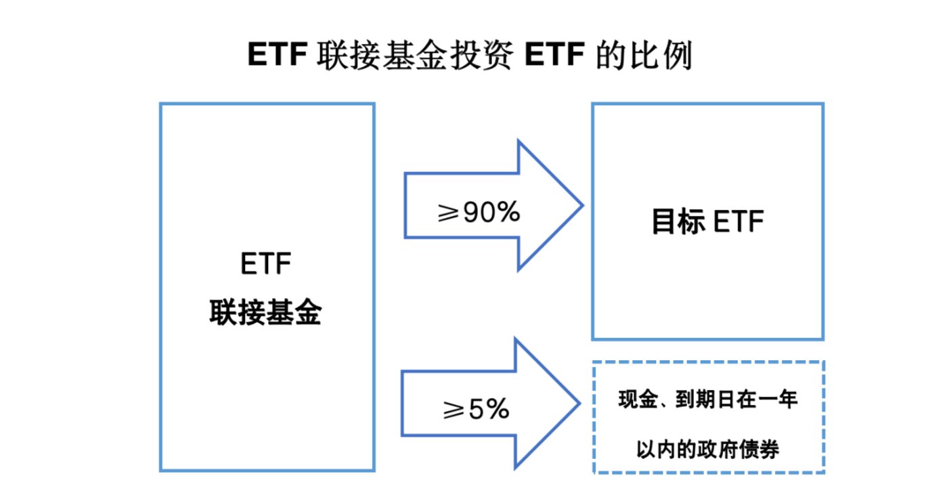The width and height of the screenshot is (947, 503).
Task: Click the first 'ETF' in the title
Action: (x=278, y=55)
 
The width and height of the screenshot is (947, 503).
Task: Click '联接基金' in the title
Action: (x=382, y=55)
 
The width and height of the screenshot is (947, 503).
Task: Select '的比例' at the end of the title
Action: (x=644, y=55)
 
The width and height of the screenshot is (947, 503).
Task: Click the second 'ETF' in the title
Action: (x=554, y=55)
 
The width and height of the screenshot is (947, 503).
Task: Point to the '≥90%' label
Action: (x=479, y=212)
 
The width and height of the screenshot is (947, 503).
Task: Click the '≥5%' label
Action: (x=476, y=409)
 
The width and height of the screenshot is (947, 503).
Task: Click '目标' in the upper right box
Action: (x=678, y=221)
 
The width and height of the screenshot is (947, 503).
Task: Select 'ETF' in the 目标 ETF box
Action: (x=739, y=221)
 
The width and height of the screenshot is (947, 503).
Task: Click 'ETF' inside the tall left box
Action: (x=266, y=264)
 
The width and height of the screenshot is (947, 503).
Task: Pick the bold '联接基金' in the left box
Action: (x=265, y=312)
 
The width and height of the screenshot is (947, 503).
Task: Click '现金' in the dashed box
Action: (x=638, y=399)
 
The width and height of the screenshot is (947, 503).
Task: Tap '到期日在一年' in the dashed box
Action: (x=736, y=399)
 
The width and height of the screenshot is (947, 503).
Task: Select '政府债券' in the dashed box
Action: (x=738, y=450)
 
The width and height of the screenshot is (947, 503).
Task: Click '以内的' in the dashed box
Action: (x=666, y=450)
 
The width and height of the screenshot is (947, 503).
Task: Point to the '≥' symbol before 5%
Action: (x=454, y=410)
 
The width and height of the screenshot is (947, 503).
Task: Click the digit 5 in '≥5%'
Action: (x=476, y=409)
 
